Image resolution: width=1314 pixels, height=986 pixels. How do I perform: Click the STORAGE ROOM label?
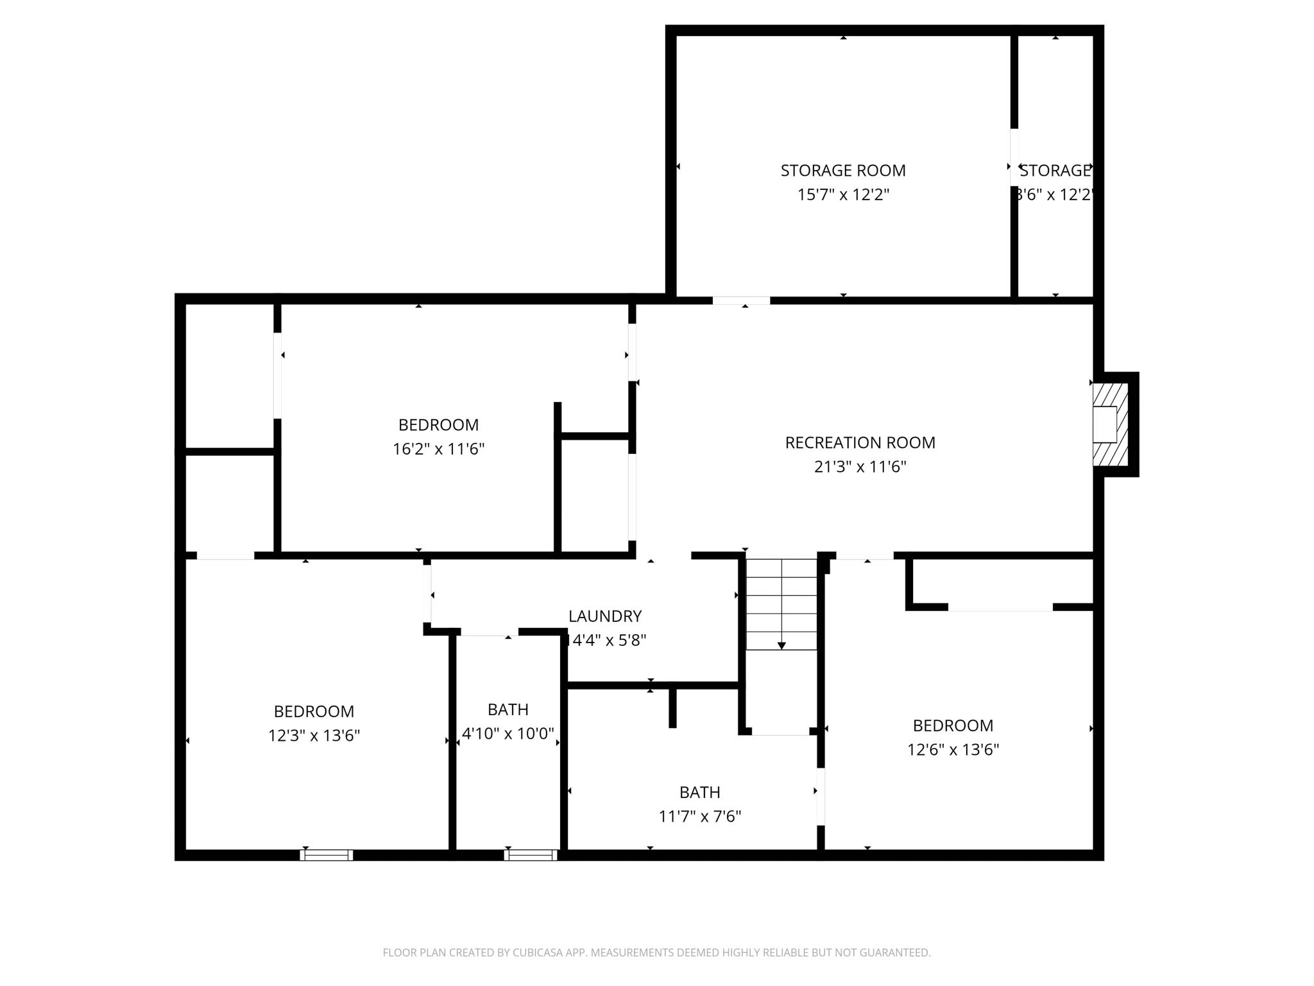point(842,171)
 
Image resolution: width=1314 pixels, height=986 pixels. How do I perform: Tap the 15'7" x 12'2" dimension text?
point(842,195)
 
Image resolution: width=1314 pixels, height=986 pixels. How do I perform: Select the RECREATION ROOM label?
point(860,443)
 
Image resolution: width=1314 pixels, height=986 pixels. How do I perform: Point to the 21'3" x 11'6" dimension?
point(860,467)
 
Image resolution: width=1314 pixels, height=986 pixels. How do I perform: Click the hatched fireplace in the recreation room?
point(1109,424)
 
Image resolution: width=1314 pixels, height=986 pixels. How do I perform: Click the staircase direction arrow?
point(781,644)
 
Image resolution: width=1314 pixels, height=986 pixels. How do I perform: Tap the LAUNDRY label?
point(604,616)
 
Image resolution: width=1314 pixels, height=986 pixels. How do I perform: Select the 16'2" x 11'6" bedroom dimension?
point(438,449)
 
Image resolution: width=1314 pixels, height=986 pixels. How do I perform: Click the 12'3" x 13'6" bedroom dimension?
point(314,736)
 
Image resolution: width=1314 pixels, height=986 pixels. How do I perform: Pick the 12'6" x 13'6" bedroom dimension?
point(953,750)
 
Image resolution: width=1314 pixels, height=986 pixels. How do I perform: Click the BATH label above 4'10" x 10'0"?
point(508,709)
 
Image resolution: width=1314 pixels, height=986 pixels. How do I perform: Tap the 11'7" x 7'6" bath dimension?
point(699,817)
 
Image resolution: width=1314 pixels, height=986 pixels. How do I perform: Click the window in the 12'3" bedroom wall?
point(327,855)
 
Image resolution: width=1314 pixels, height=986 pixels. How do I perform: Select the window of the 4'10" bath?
point(530,855)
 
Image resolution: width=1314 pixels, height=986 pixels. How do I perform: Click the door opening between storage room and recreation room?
point(741,300)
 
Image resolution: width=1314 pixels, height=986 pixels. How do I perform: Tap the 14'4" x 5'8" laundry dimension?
point(606,640)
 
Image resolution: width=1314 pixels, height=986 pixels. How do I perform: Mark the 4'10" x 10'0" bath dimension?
point(508,733)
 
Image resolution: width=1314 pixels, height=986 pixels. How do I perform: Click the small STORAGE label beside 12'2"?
point(1055,171)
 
